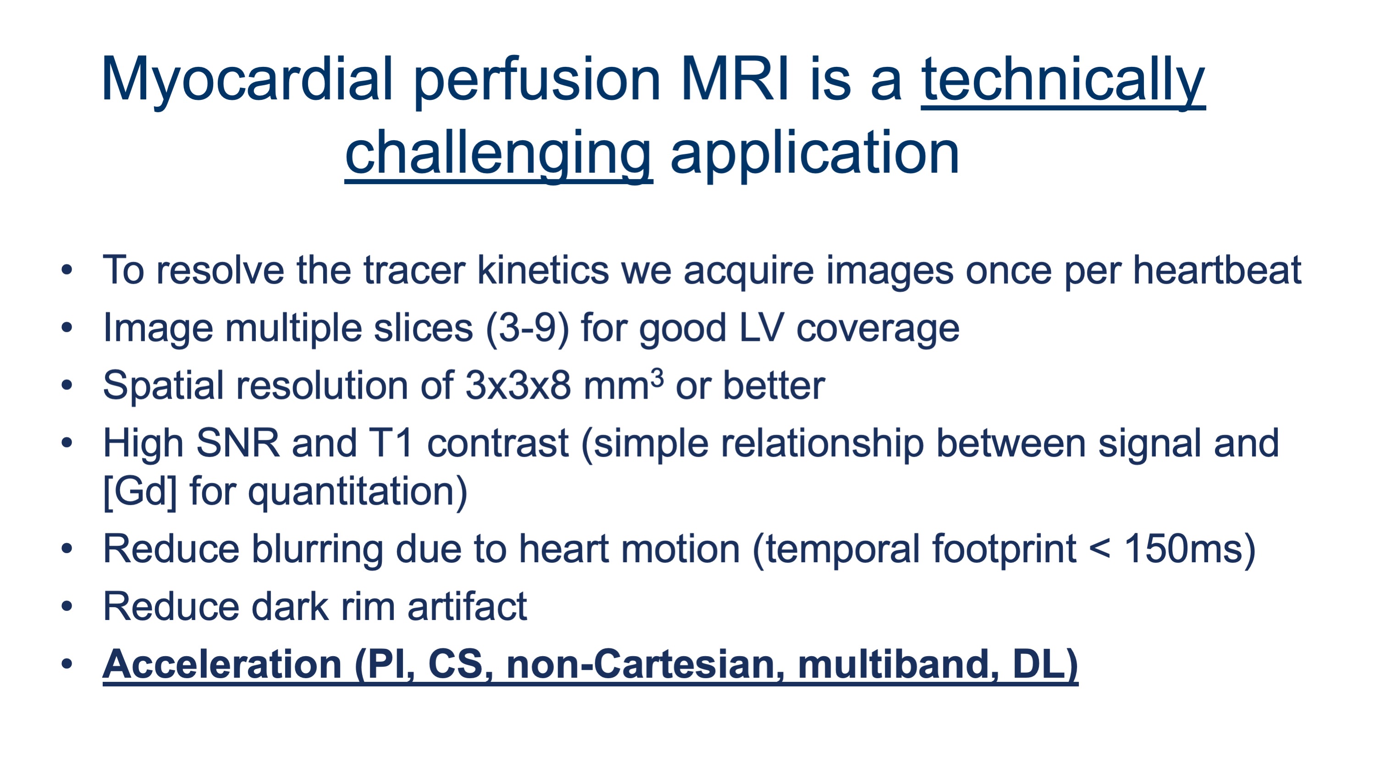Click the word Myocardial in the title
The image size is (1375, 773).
[x=247, y=81]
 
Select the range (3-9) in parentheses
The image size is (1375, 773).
[x=527, y=328]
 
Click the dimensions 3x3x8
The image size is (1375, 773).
[x=518, y=385]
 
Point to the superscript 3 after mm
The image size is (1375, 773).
[x=657, y=377]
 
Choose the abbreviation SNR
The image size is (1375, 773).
[x=238, y=443]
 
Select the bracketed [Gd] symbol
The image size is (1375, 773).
[x=140, y=491]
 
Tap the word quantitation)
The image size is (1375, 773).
[x=358, y=491]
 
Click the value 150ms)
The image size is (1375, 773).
[x=1190, y=549]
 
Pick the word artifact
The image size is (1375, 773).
[x=467, y=607]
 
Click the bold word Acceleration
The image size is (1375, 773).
[x=222, y=664]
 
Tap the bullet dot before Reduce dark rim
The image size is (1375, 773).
[x=67, y=606]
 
